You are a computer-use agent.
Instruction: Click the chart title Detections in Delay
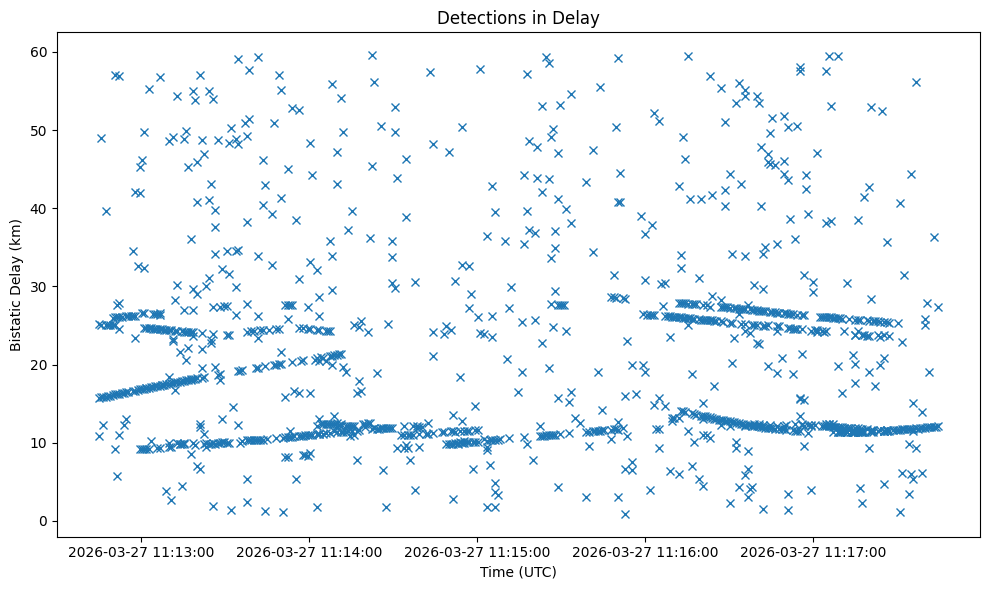pos(518,17)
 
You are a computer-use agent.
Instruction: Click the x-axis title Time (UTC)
pos(518,572)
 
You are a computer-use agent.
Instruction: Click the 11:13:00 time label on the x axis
pos(142,551)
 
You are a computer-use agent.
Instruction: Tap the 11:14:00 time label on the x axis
pos(310,551)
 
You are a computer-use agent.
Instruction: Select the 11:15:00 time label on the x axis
pos(477,551)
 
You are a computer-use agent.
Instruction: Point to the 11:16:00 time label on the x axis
pos(645,551)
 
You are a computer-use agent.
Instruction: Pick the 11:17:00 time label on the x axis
pos(813,551)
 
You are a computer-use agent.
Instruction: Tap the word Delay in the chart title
pos(579,17)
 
